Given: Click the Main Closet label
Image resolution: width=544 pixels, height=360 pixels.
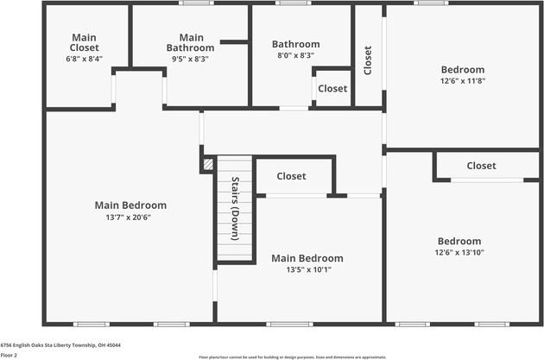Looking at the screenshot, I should click(85, 42).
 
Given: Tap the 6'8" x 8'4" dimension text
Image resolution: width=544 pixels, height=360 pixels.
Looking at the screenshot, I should click(85, 59).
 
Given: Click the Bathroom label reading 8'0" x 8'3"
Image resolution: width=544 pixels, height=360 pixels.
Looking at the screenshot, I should click(295, 44).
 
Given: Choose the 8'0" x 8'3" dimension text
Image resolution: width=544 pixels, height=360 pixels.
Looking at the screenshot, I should click(295, 55).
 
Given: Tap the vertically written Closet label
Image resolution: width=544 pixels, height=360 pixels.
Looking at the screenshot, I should click(368, 60).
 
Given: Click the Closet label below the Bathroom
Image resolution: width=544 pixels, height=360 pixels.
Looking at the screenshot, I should click(332, 89).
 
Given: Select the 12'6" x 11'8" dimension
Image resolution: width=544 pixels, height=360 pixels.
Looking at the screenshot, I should click(463, 81).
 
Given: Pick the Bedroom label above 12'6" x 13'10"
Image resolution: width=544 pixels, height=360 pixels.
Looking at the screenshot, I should click(459, 241).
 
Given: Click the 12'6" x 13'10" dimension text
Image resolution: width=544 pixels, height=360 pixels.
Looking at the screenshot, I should click(459, 252).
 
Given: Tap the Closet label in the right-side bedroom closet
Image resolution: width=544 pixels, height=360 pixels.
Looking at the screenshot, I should click(481, 166).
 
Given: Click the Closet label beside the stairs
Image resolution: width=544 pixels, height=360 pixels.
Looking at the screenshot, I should click(291, 176).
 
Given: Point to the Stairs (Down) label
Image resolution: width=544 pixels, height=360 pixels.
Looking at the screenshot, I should click(236, 208).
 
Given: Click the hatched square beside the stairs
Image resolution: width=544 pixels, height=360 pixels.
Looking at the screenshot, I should click(207, 162).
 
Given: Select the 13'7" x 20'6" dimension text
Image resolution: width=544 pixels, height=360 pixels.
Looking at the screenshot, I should click(130, 218).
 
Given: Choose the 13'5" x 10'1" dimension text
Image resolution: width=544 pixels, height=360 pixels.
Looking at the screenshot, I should click(307, 269).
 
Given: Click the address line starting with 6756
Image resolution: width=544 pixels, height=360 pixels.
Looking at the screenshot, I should click(60, 345).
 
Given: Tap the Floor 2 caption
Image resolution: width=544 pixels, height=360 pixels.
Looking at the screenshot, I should click(9, 355).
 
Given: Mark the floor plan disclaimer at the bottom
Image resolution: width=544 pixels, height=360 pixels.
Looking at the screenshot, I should click(292, 356).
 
